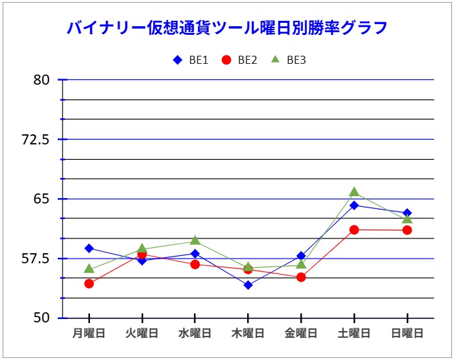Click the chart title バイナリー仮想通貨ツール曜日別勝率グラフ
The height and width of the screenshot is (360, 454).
[227, 28]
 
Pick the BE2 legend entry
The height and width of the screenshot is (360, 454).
[240, 60]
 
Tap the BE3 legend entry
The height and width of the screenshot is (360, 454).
[289, 60]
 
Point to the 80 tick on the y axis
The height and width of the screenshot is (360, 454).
[42, 80]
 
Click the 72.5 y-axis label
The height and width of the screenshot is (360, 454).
[36, 140]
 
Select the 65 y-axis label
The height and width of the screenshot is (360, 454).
[42, 199]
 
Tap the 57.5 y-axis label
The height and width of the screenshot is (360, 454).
[36, 259]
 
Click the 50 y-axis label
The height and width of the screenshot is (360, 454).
[42, 318]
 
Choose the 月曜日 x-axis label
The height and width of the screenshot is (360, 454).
[89, 333]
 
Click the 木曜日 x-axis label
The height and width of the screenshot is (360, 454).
[248, 333]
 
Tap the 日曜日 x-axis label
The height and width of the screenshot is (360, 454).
[407, 333]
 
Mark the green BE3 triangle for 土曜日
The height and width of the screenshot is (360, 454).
[354, 193]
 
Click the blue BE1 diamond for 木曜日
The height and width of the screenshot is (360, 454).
[248, 285]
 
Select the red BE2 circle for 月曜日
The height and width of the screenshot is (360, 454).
[89, 283]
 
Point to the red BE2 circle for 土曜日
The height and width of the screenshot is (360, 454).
[354, 230]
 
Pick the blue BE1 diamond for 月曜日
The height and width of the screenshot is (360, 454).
[89, 249]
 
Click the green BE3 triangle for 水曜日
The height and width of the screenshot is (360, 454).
[195, 240]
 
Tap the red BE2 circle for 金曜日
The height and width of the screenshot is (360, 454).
[301, 277]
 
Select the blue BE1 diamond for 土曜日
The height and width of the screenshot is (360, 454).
[354, 205]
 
